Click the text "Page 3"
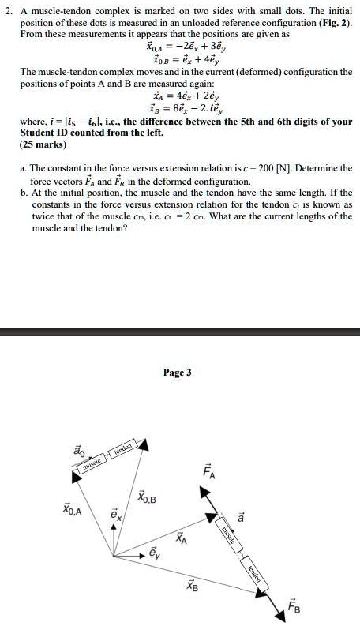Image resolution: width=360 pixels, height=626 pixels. point(177,373)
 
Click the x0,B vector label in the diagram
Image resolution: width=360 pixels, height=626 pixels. point(147,498)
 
